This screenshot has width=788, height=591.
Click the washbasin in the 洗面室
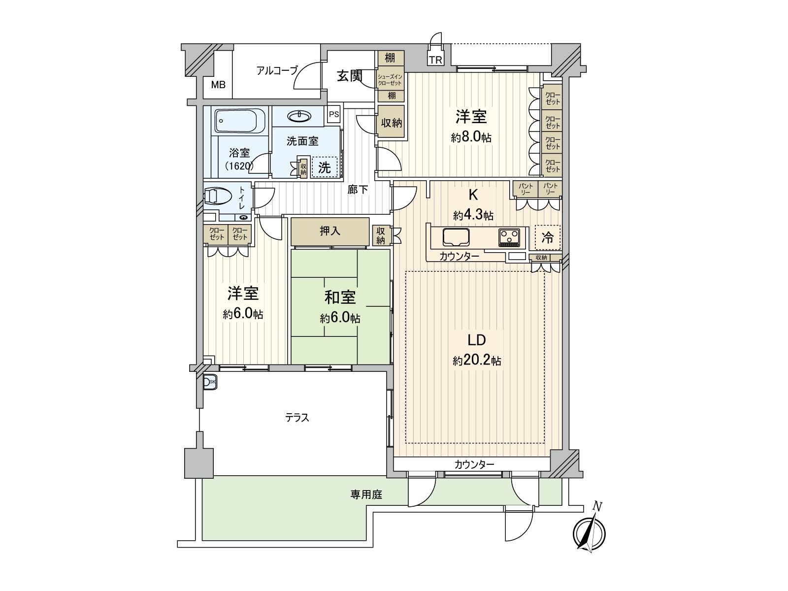coord(300,116)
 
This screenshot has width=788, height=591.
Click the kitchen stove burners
coord(509,237)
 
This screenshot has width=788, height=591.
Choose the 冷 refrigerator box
coord(548,238)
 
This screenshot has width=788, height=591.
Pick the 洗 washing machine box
coord(324,167)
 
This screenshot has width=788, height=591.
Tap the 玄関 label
coord(350,76)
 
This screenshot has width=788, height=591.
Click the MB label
coord(218,85)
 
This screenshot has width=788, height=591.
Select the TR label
coord(435,61)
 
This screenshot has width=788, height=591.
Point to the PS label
coord(334,114)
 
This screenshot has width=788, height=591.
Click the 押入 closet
coord(330,231)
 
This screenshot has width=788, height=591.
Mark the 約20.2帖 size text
coord(477,361)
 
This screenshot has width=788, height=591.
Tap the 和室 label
coord(340,297)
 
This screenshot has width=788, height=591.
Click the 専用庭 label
coord(366,495)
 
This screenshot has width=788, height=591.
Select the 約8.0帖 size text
coord(471,137)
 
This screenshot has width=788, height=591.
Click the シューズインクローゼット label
coord(390,80)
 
